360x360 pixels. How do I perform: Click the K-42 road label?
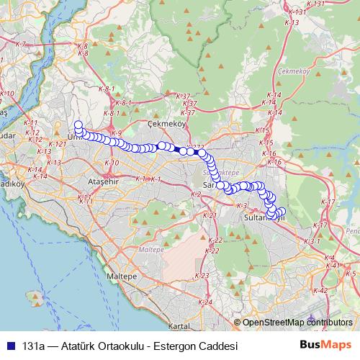pyautogui.click(x=321, y=290)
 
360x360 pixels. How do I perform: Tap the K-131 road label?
pyautogui.click(x=316, y=4)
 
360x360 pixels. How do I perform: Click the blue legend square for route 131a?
pyautogui.click(x=12, y=346)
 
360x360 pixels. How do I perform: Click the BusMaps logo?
pyautogui.click(x=325, y=345)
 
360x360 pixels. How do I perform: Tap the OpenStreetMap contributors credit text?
pyautogui.click(x=297, y=323)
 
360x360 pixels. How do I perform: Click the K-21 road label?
pyautogui.click(x=210, y=215)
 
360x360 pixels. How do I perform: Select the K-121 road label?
pyautogui.click(x=59, y=144)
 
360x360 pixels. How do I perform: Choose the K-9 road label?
pyautogui.click(x=117, y=133)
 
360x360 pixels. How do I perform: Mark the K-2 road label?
pyautogui.click(x=195, y=194)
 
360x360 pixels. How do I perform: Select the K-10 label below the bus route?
pyautogui.click(x=112, y=163)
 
